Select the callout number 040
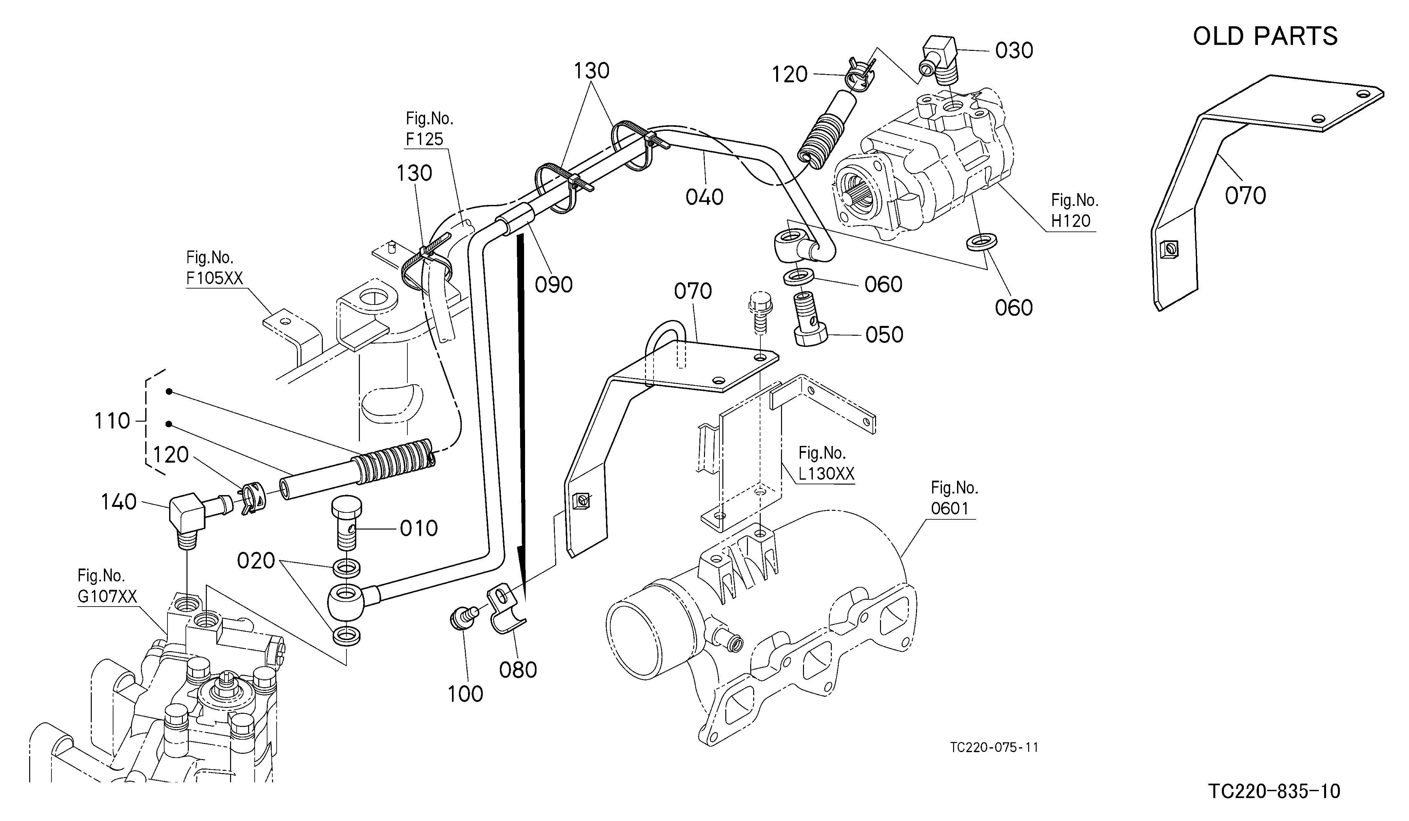[x=705, y=197]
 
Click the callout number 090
[x=554, y=285]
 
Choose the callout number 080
[x=518, y=670]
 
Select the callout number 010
[x=419, y=528]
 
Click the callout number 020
[x=256, y=560]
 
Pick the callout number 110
[x=112, y=421]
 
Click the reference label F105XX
[x=215, y=278]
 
